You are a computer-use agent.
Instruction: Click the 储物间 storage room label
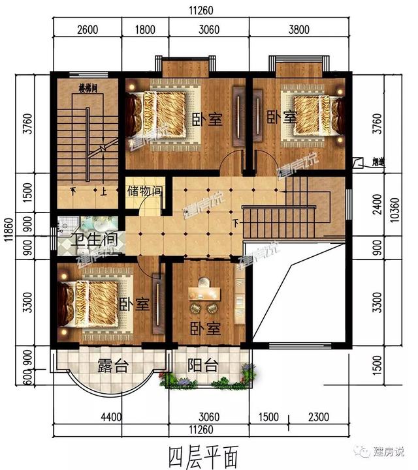click(144, 192)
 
